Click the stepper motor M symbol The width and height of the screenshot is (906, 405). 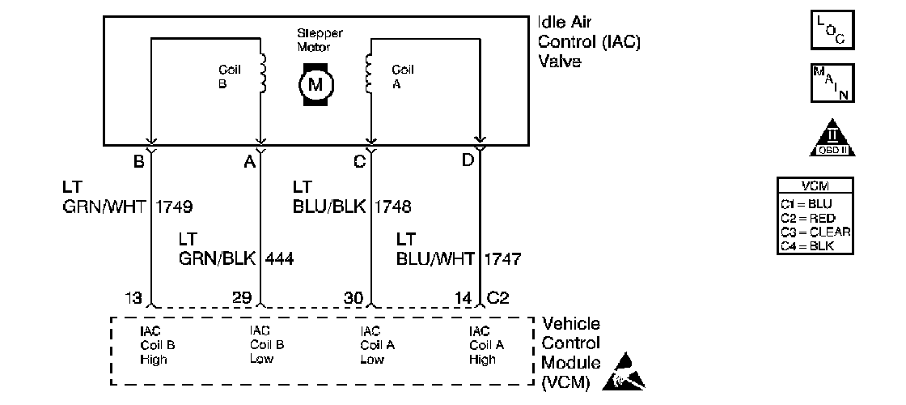pyautogui.click(x=315, y=83)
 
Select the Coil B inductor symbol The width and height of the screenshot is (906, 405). pyautogui.click(x=261, y=74)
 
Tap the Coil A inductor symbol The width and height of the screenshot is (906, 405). pyautogui.click(x=370, y=74)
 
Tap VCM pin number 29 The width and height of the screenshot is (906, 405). pyautogui.click(x=242, y=299)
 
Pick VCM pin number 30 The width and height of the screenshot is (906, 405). pyautogui.click(x=352, y=299)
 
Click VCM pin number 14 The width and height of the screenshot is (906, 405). pyautogui.click(x=463, y=299)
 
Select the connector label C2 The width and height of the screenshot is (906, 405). pyautogui.click(x=500, y=299)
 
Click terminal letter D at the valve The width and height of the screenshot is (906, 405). pyautogui.click(x=468, y=160)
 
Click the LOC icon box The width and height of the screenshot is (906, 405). pyautogui.click(x=832, y=29)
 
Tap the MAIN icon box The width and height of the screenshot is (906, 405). pyautogui.click(x=832, y=83)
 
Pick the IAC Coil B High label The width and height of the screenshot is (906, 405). pyautogui.click(x=157, y=345)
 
